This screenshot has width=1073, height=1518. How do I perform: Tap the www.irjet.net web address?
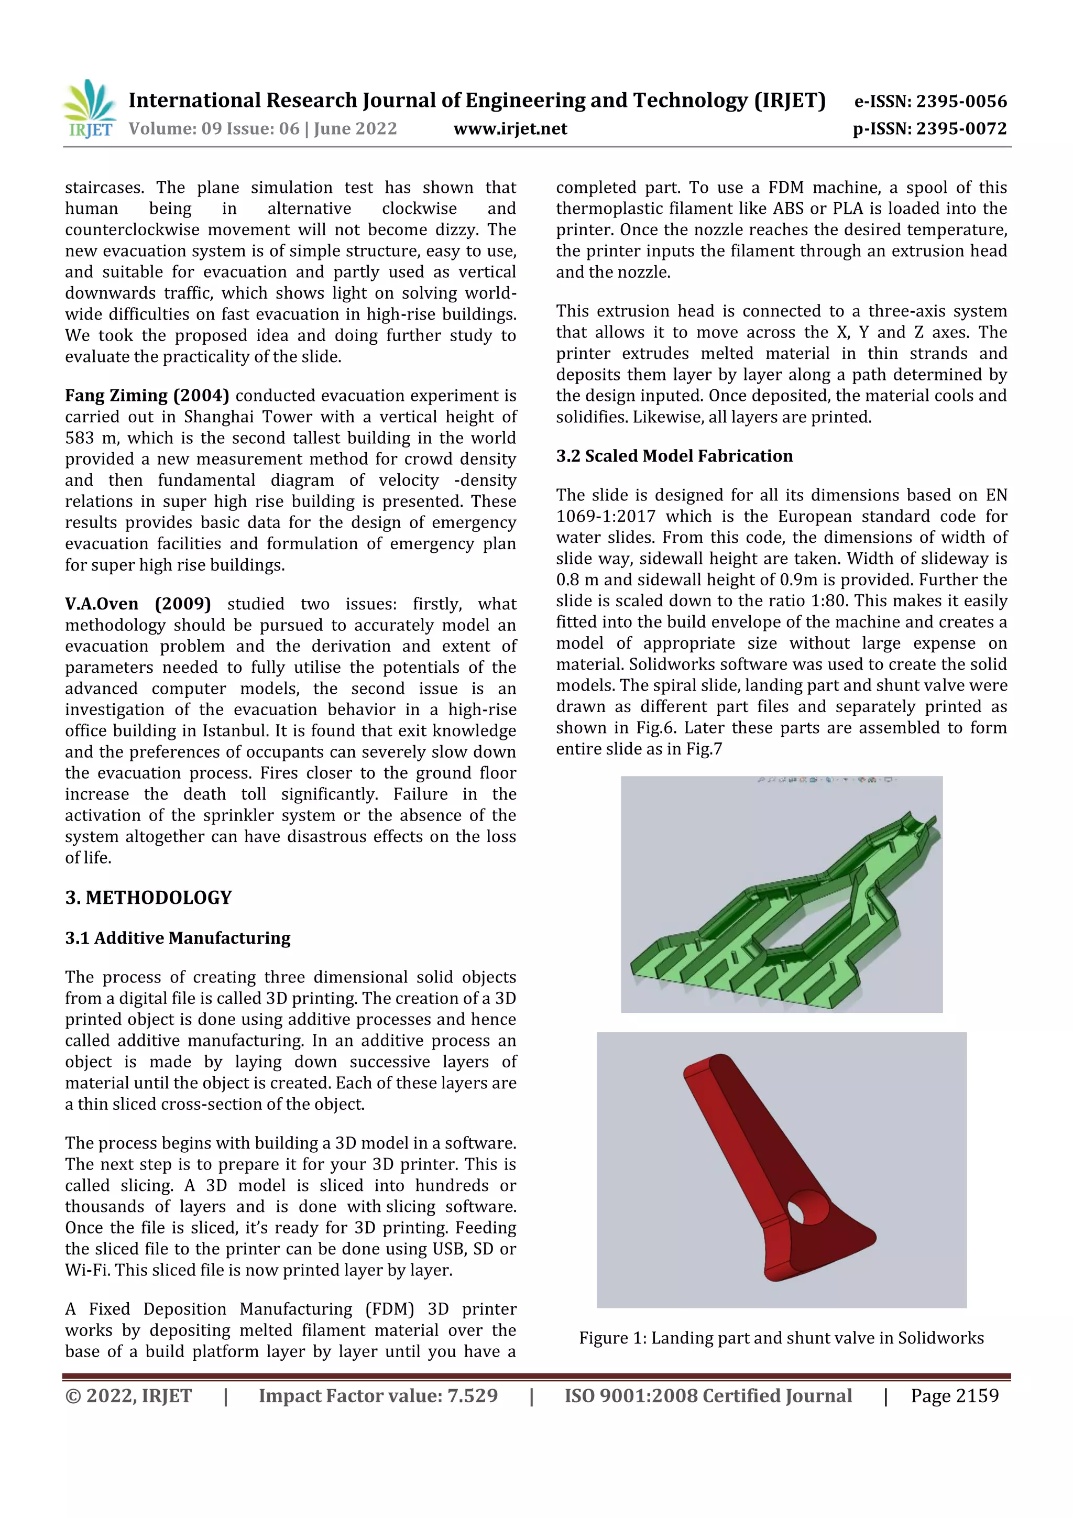510,128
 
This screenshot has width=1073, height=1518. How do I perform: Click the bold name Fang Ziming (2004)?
147,396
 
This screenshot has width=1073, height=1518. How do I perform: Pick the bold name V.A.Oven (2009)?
137,604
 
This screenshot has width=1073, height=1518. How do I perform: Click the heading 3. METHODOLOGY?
148,897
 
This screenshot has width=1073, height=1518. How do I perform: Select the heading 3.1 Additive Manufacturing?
177,937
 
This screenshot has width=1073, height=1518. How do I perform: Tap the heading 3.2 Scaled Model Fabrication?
674,455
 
